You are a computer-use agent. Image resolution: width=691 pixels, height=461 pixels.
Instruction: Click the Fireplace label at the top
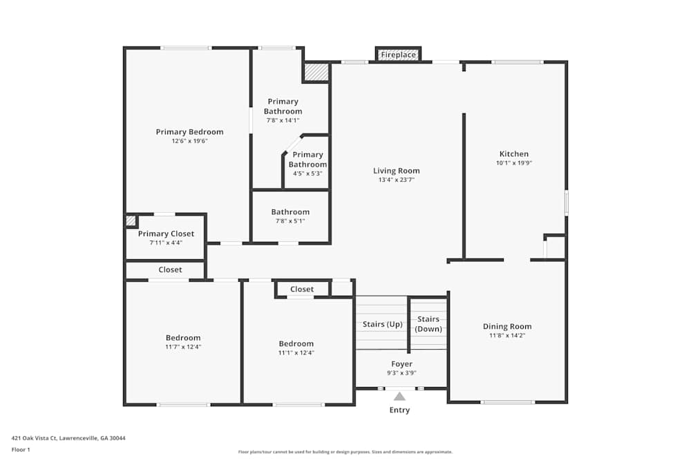tap(399, 55)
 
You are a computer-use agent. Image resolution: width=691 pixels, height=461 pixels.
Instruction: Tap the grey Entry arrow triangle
tap(399, 396)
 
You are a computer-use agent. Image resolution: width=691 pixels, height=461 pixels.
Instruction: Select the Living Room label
tap(396, 171)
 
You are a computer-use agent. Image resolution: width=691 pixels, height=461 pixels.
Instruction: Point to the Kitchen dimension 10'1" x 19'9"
tap(514, 163)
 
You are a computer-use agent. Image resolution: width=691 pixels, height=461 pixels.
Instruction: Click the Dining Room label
tap(507, 326)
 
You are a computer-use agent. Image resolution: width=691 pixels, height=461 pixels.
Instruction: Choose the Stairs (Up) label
tap(382, 324)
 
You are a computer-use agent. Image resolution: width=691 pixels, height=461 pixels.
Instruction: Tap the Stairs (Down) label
tap(428, 324)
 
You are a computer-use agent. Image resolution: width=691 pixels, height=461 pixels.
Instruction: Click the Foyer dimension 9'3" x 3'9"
tap(401, 373)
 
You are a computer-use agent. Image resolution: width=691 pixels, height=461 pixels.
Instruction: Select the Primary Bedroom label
tap(189, 132)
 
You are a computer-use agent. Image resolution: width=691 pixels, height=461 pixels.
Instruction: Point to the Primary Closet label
tap(166, 234)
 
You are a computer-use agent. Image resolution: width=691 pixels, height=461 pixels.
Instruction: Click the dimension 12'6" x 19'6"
tap(189, 141)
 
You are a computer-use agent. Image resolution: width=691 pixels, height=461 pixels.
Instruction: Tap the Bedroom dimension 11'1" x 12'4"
tap(296, 352)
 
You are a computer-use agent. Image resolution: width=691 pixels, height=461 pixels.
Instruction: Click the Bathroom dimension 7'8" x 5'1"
tap(290, 221)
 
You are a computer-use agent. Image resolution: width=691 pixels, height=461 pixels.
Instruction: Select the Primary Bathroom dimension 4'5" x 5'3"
tap(307, 173)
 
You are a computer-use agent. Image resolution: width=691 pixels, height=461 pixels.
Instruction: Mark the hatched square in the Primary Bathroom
tap(316, 72)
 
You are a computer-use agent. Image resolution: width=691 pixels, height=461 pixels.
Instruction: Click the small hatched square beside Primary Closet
tap(131, 220)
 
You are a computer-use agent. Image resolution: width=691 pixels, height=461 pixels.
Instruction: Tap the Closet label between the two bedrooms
tap(301, 289)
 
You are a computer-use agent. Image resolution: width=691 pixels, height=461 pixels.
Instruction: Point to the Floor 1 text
tap(21, 449)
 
